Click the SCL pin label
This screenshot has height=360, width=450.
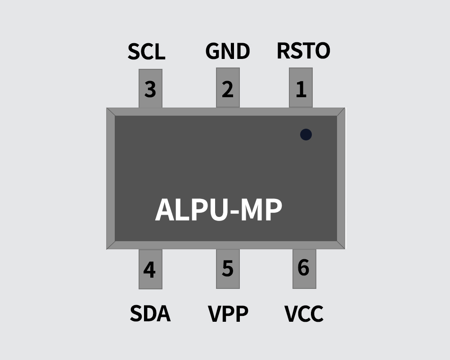click(x=146, y=52)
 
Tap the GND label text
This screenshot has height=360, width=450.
click(x=228, y=51)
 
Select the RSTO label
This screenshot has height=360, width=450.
click(x=303, y=51)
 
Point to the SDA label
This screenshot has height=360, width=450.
click(x=150, y=314)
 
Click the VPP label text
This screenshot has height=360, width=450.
click(x=228, y=314)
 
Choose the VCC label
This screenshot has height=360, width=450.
click(x=304, y=314)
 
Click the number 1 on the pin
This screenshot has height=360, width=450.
click(x=301, y=89)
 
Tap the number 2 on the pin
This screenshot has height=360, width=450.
click(x=228, y=89)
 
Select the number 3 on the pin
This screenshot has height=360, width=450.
click(x=150, y=89)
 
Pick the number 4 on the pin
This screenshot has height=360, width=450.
click(x=149, y=270)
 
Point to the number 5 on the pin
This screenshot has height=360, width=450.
click(x=228, y=269)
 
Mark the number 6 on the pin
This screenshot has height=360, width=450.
click(x=304, y=267)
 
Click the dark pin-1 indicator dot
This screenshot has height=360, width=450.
click(x=306, y=134)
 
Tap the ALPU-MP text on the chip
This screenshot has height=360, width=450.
click(x=219, y=210)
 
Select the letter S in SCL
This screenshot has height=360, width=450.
click(x=134, y=52)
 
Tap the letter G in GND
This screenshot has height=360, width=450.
click(x=212, y=51)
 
